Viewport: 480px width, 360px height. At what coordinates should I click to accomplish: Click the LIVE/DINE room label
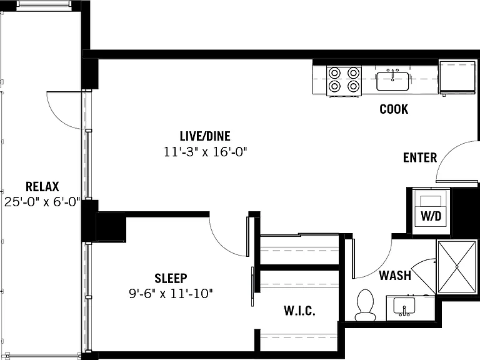point(205,136)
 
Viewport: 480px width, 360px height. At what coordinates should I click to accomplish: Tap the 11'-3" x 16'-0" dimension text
point(205,152)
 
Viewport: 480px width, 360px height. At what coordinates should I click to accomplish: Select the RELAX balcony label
point(42,186)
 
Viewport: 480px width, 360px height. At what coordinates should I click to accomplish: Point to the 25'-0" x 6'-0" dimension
point(42,202)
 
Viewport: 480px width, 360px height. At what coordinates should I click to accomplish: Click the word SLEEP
point(171,278)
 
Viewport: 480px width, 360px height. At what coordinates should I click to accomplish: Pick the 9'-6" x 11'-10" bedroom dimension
point(171,294)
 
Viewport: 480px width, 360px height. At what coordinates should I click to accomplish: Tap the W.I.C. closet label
point(299,311)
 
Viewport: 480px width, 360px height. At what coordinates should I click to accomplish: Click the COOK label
point(394,109)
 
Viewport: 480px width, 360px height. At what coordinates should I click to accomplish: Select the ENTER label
point(420,157)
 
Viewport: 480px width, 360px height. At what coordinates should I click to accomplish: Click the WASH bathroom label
point(395,276)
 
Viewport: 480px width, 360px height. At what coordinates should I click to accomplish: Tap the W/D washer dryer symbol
point(431,212)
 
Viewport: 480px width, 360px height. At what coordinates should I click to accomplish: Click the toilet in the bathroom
point(366,305)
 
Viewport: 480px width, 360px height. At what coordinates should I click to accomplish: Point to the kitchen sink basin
point(392,81)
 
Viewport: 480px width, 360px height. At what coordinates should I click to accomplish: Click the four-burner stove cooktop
point(344,81)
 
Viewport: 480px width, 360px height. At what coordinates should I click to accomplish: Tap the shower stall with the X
point(456,267)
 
